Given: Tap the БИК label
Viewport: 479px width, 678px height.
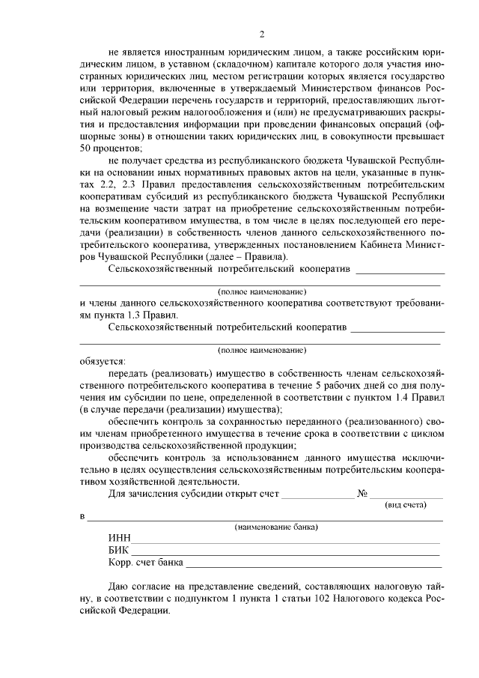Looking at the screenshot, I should pyautogui.click(x=119, y=550).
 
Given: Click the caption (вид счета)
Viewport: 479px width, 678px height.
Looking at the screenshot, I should pyautogui.click(x=405, y=505).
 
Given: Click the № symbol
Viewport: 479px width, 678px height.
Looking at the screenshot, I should pyautogui.click(x=363, y=494).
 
